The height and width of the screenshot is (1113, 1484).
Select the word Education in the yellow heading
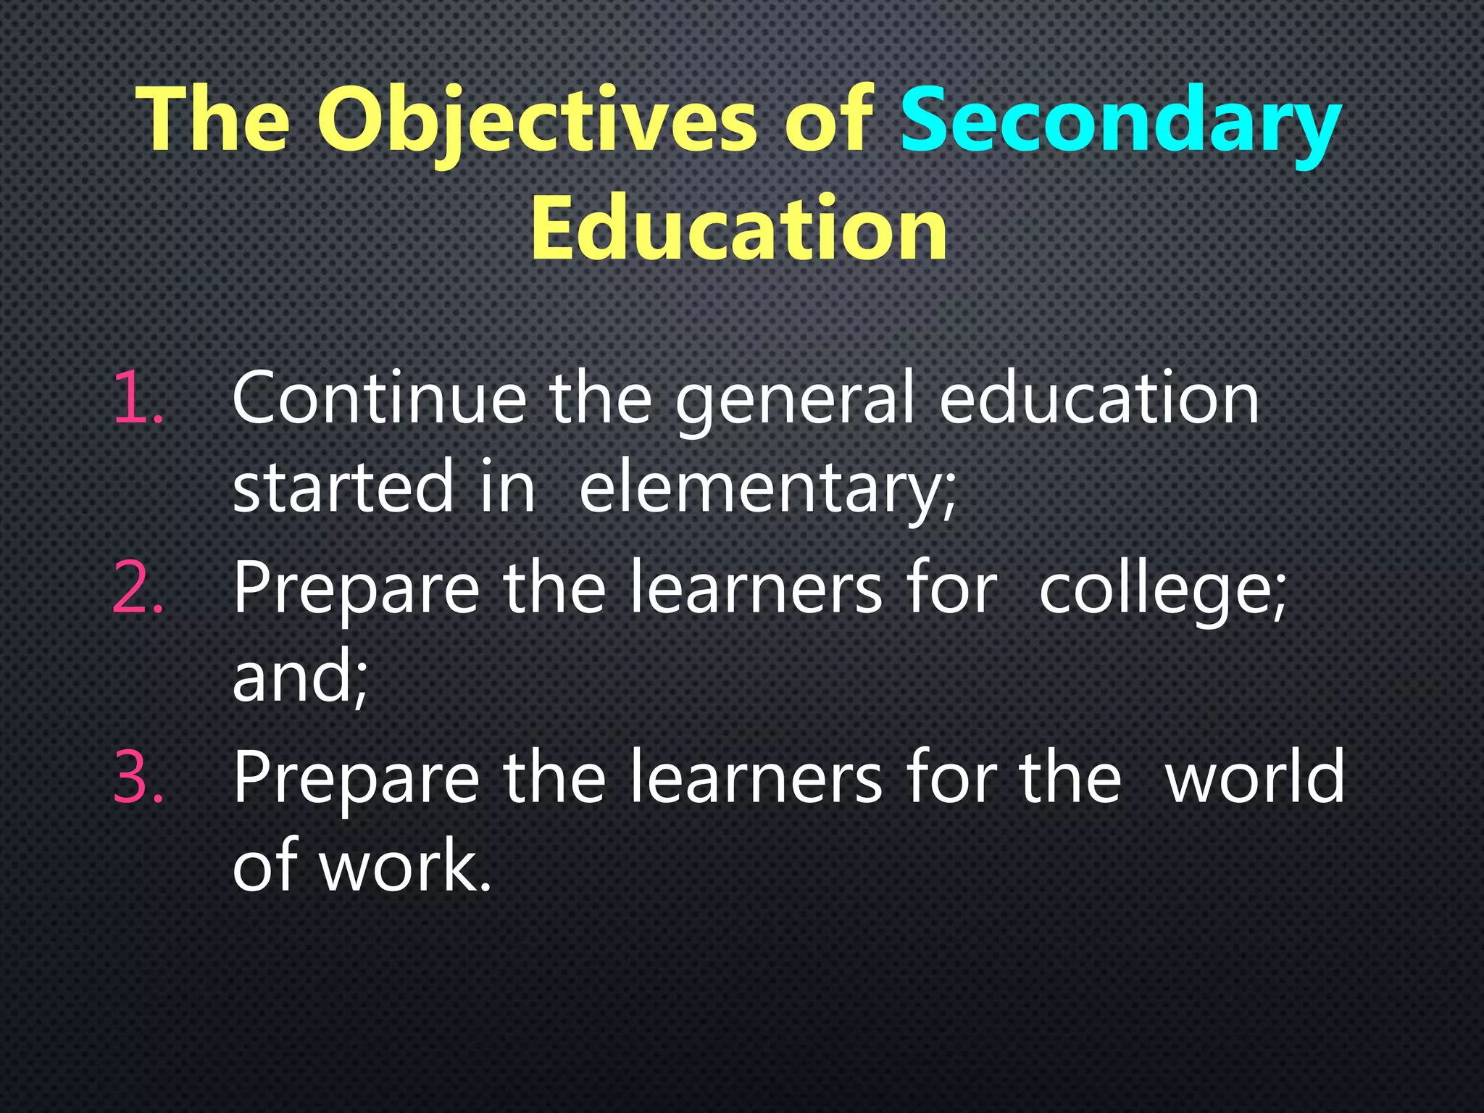[x=738, y=229]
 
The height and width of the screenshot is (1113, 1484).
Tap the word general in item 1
[x=794, y=400]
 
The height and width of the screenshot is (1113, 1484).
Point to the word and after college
[x=299, y=677]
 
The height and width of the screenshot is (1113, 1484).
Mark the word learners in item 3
[x=755, y=777]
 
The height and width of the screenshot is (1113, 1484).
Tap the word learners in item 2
[x=755, y=588]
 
